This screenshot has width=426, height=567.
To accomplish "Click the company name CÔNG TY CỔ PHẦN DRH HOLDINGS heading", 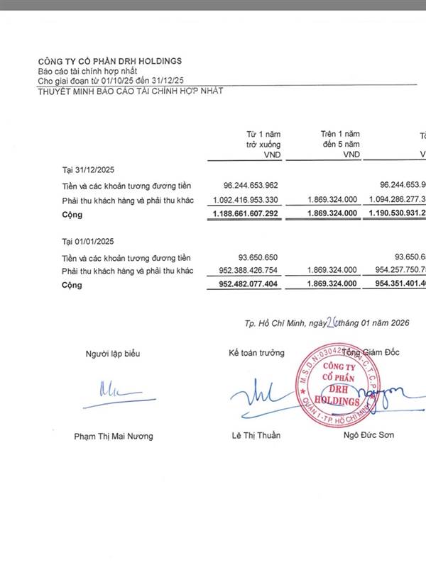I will click(110, 61).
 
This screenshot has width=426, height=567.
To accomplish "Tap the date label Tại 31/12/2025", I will click(89, 171).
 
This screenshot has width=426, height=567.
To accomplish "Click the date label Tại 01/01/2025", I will click(89, 242).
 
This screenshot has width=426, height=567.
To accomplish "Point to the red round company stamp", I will click(342, 383).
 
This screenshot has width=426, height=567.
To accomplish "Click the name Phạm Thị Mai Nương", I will click(114, 436).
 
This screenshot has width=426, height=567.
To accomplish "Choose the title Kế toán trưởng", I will click(256, 353).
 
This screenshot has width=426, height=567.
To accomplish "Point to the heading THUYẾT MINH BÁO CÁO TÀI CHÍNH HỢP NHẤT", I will click(130, 91).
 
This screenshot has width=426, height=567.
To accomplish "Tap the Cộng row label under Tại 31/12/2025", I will click(72, 213).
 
